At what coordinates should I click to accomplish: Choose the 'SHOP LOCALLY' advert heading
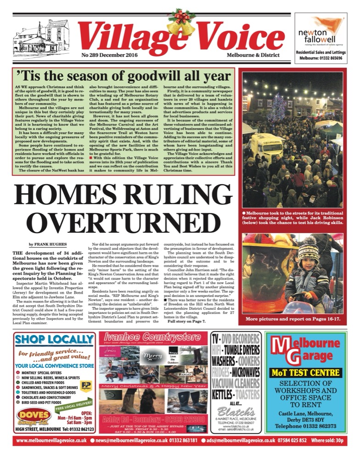[x=54, y=340]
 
